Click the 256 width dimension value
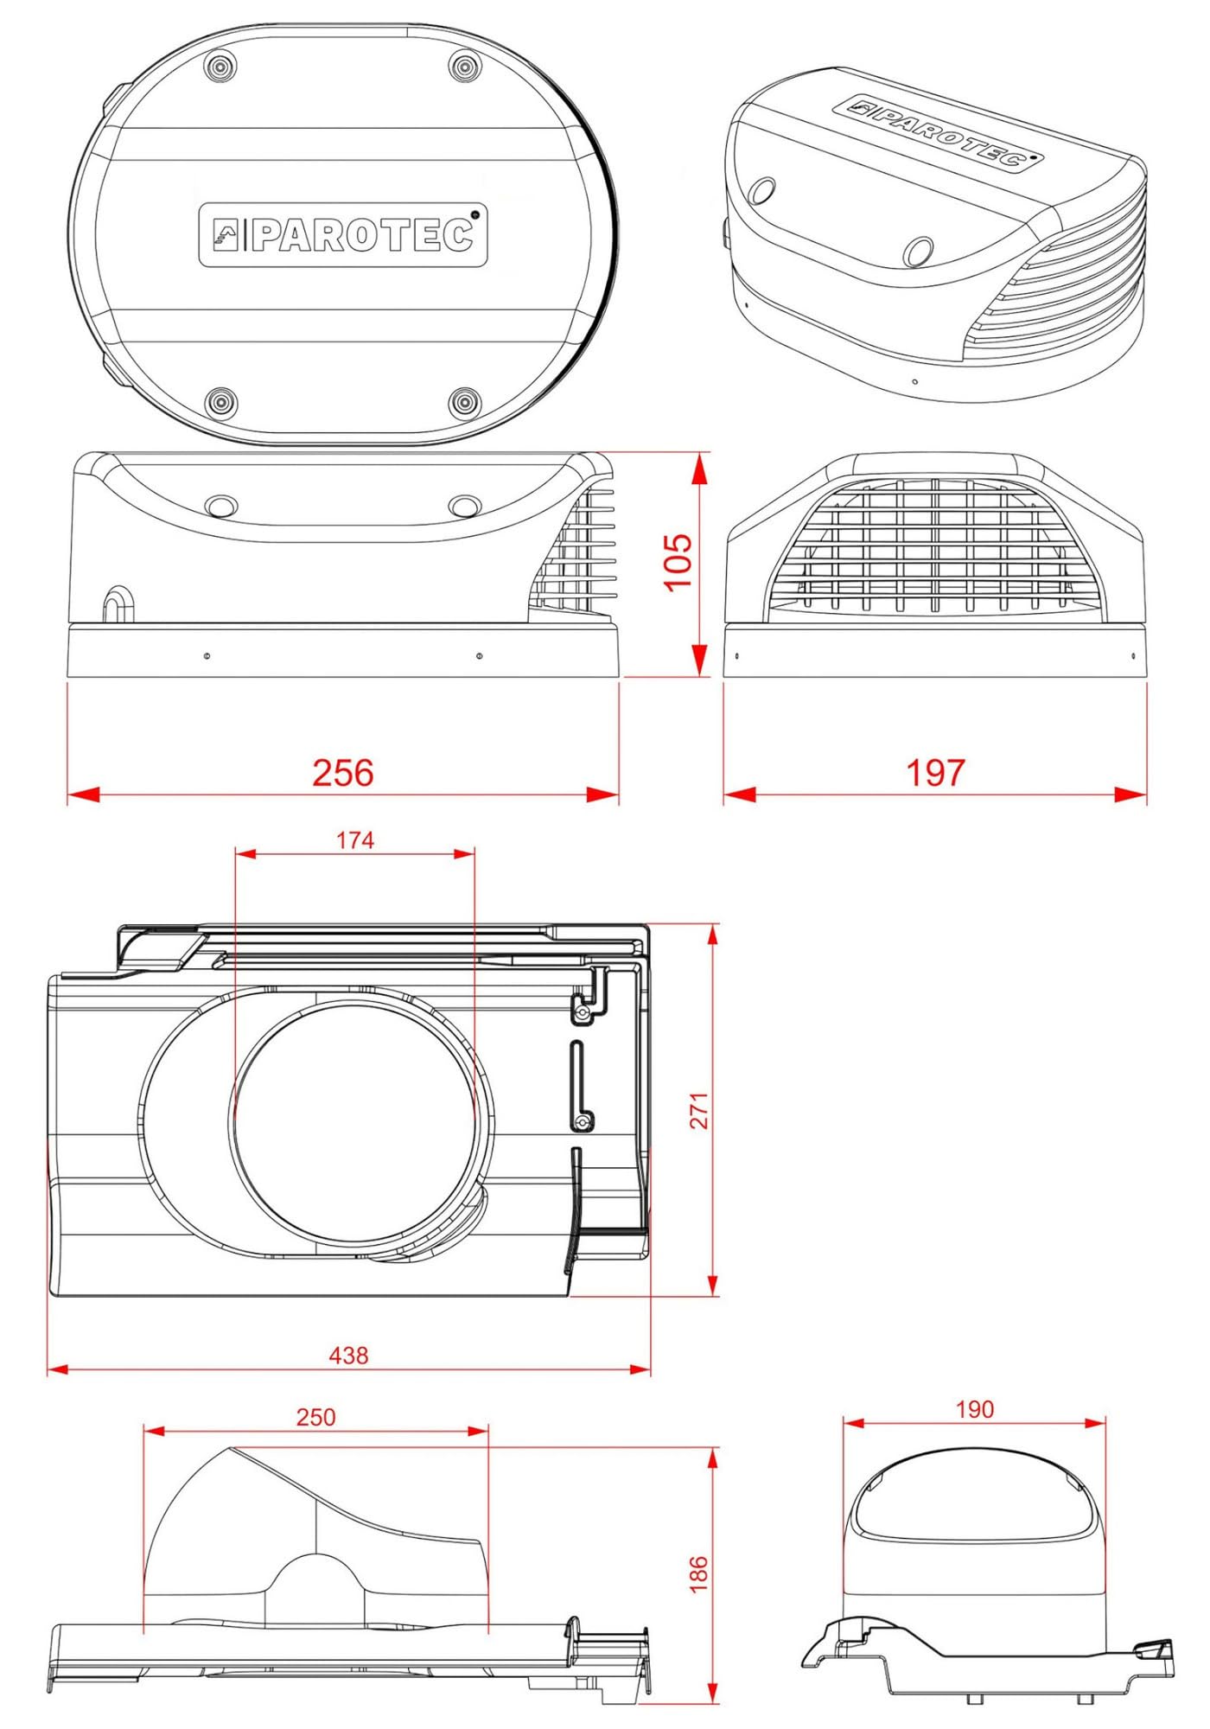[x=343, y=772]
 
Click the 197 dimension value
[x=935, y=772]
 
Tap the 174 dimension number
[x=355, y=840]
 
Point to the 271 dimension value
[x=699, y=1110]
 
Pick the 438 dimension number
[x=348, y=1355]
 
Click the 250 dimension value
[x=315, y=1417]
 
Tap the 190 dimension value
[x=975, y=1409]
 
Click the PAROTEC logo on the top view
[x=343, y=234]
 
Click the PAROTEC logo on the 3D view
[x=939, y=132]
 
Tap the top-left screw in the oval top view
[x=220, y=67]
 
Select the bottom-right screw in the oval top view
[x=465, y=401]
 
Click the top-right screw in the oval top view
[x=465, y=67]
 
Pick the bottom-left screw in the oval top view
[x=220, y=401]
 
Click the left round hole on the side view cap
[x=222, y=506]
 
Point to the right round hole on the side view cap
[x=465, y=506]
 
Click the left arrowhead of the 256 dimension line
[x=84, y=794]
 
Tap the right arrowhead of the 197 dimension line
[x=1130, y=794]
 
